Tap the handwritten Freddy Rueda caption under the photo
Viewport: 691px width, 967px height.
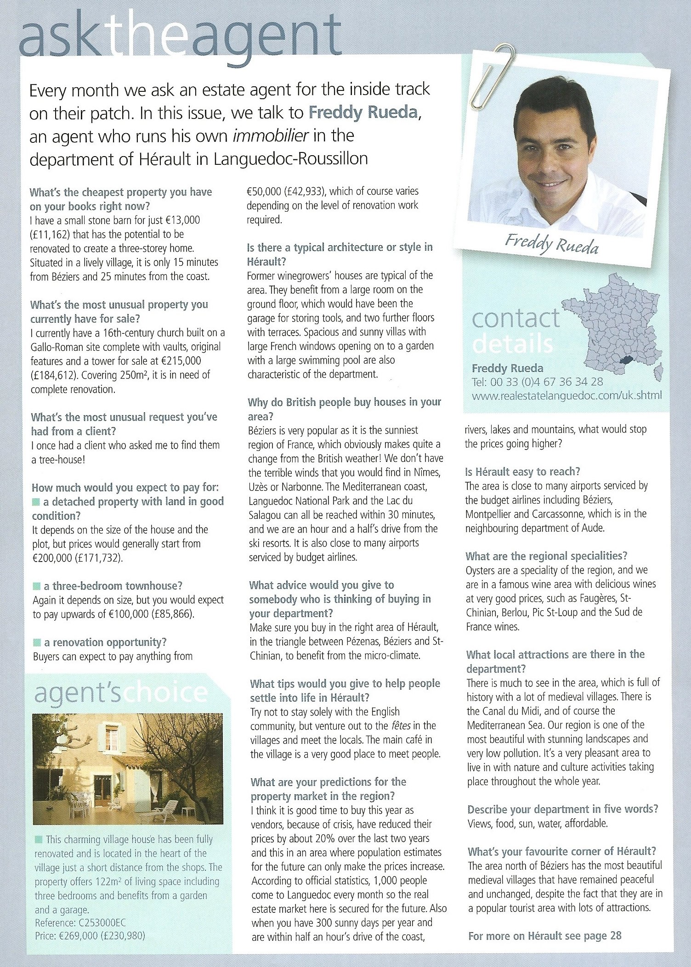[552, 244]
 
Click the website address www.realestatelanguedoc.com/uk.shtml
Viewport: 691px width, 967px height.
[566, 395]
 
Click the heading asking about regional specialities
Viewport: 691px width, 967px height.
[546, 556]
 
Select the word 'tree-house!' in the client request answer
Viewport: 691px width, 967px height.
[58, 459]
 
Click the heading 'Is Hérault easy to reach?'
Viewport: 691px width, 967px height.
[523, 471]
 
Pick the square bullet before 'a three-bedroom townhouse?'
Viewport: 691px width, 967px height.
[36, 586]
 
